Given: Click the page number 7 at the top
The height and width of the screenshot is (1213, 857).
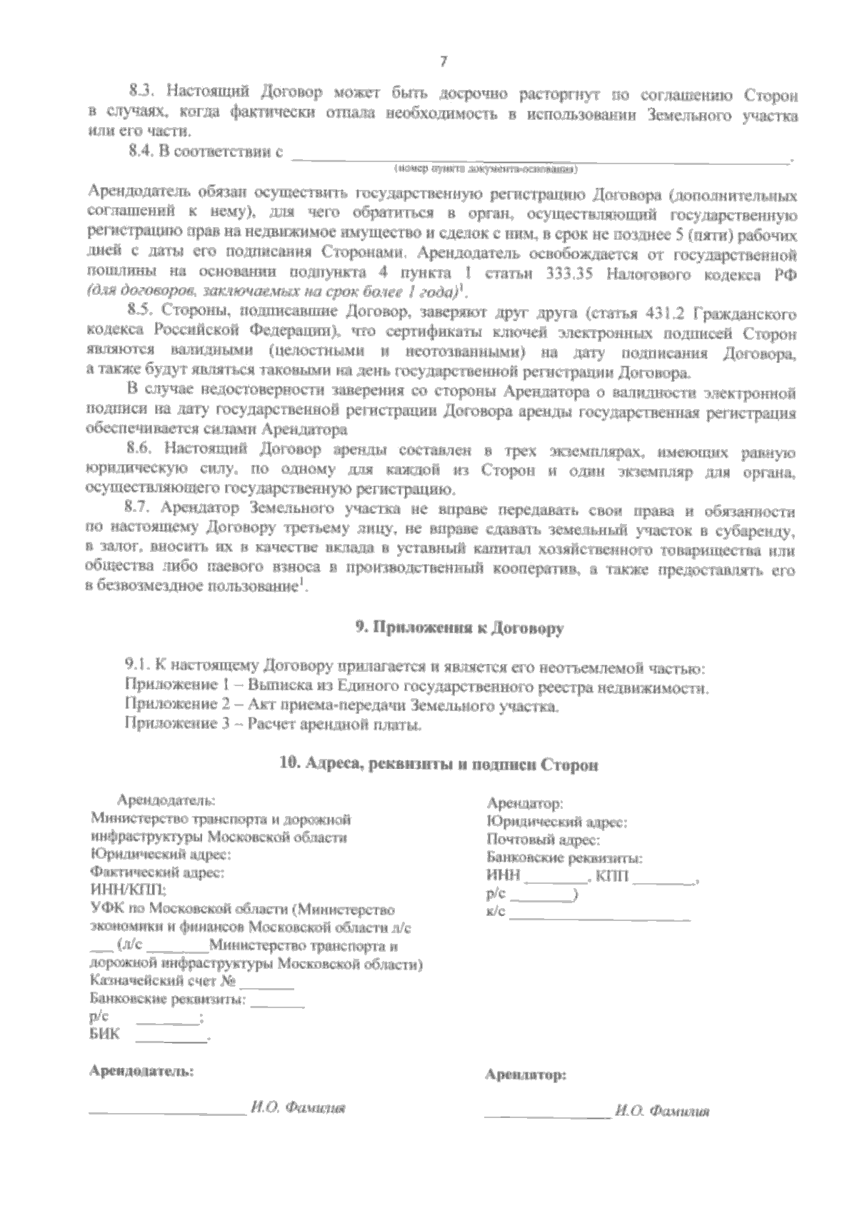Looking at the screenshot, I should [x=443, y=62].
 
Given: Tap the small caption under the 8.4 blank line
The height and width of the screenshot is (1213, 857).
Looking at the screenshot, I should [x=486, y=170].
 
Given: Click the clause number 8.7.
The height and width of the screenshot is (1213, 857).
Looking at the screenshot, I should [x=141, y=510].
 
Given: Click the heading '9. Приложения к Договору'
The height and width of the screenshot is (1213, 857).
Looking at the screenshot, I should [x=460, y=628].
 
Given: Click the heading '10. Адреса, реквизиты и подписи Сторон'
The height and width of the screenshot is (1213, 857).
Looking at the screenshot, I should [x=438, y=764].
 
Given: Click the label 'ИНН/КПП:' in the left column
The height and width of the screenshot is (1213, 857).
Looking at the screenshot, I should [x=127, y=890].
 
